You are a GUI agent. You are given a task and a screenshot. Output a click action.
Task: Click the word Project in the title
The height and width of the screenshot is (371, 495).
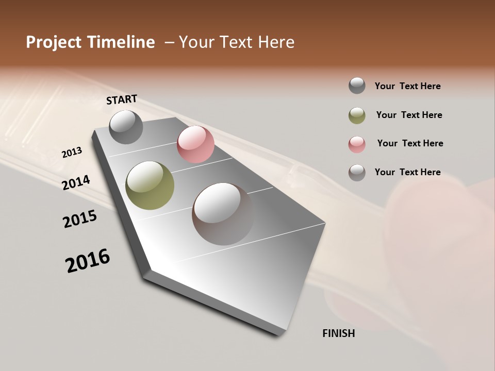tap(53, 42)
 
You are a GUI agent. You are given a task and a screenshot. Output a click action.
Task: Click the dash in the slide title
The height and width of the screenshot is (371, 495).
tap(169, 42)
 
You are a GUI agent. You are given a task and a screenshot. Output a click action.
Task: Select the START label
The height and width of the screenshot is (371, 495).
tap(122, 99)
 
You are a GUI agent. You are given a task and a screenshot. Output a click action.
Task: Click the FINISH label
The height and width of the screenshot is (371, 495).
tap(339, 333)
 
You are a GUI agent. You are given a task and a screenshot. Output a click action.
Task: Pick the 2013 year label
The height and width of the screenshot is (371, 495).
tap(72, 153)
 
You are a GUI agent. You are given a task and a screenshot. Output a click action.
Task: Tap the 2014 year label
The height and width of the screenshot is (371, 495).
tap(76, 182)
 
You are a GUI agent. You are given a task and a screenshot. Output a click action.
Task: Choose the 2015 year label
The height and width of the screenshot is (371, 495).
tap(80, 219)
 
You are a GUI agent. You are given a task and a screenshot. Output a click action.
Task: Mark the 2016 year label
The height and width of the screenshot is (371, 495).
tap(88, 261)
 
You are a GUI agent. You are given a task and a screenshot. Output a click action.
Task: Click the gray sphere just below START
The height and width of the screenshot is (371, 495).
tap(126, 127)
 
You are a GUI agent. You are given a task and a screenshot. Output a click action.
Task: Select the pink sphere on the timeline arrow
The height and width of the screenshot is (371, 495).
tap(195, 144)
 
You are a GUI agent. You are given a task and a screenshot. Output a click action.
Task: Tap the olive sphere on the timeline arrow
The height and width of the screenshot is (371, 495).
tap(150, 185)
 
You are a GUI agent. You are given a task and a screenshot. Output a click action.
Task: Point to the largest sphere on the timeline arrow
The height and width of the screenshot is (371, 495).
tap(223, 214)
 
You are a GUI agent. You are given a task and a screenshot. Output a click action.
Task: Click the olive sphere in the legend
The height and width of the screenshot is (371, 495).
tap(357, 115)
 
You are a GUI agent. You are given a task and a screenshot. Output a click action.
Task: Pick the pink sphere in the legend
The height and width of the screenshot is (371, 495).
tap(357, 144)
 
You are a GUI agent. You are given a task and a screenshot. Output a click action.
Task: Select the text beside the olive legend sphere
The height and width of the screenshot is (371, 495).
tap(409, 115)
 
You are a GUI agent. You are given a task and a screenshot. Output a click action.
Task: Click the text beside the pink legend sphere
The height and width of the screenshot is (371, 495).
tap(410, 143)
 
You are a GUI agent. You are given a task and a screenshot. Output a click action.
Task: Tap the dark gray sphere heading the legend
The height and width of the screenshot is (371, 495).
tap(357, 86)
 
